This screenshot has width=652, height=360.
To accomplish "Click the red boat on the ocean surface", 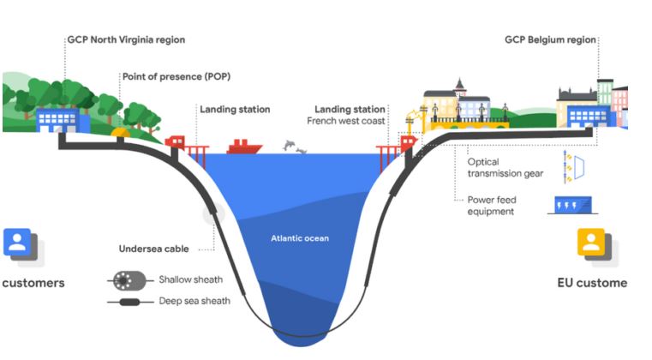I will pyautogui.click(x=243, y=147).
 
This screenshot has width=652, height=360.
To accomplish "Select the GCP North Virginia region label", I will pyautogui.click(x=126, y=39).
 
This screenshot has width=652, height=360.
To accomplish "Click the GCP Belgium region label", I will pyautogui.click(x=550, y=39).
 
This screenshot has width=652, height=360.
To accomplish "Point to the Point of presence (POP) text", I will pyautogui.click(x=176, y=76).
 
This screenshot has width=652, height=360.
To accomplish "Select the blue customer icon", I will pyautogui.click(x=17, y=243).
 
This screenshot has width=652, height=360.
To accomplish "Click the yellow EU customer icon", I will pyautogui.click(x=591, y=243).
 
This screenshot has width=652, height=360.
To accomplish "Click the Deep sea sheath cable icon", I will pyautogui.click(x=128, y=302).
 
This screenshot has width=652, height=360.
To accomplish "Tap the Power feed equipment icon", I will pyautogui.click(x=571, y=204).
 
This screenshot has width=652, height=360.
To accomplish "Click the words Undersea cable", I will pyautogui.click(x=153, y=249).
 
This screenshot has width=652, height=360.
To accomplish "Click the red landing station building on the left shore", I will pyautogui.click(x=176, y=141).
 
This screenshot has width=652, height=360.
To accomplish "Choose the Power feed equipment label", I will pyautogui.click(x=492, y=206).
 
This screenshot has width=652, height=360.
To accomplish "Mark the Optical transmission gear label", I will pyautogui.click(x=505, y=166).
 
